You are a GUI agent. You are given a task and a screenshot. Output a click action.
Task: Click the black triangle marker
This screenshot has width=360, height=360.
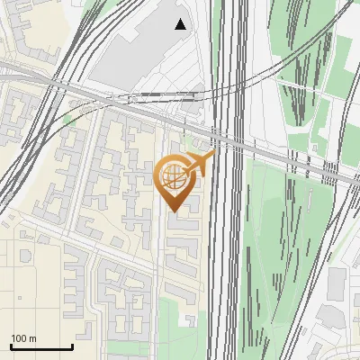pos(181,24)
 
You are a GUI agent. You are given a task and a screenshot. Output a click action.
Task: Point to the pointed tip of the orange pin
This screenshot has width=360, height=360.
pos(173,211)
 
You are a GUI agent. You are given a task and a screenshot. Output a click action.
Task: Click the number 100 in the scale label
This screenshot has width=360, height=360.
pos(20,338)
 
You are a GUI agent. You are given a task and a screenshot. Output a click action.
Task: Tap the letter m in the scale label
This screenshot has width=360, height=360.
pos(34,338)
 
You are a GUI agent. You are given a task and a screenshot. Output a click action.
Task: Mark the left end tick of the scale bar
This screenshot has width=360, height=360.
pos(11,346)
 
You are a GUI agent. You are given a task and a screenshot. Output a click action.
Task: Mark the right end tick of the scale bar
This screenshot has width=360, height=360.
pos(72,346)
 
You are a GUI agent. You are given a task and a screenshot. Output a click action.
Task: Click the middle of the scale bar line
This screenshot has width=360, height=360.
pos(41,347)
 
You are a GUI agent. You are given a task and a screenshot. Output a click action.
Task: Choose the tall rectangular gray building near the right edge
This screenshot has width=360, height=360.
pos(336,284)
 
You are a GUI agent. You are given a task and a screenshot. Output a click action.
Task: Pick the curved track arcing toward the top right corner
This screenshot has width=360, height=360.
pos(297,63)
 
